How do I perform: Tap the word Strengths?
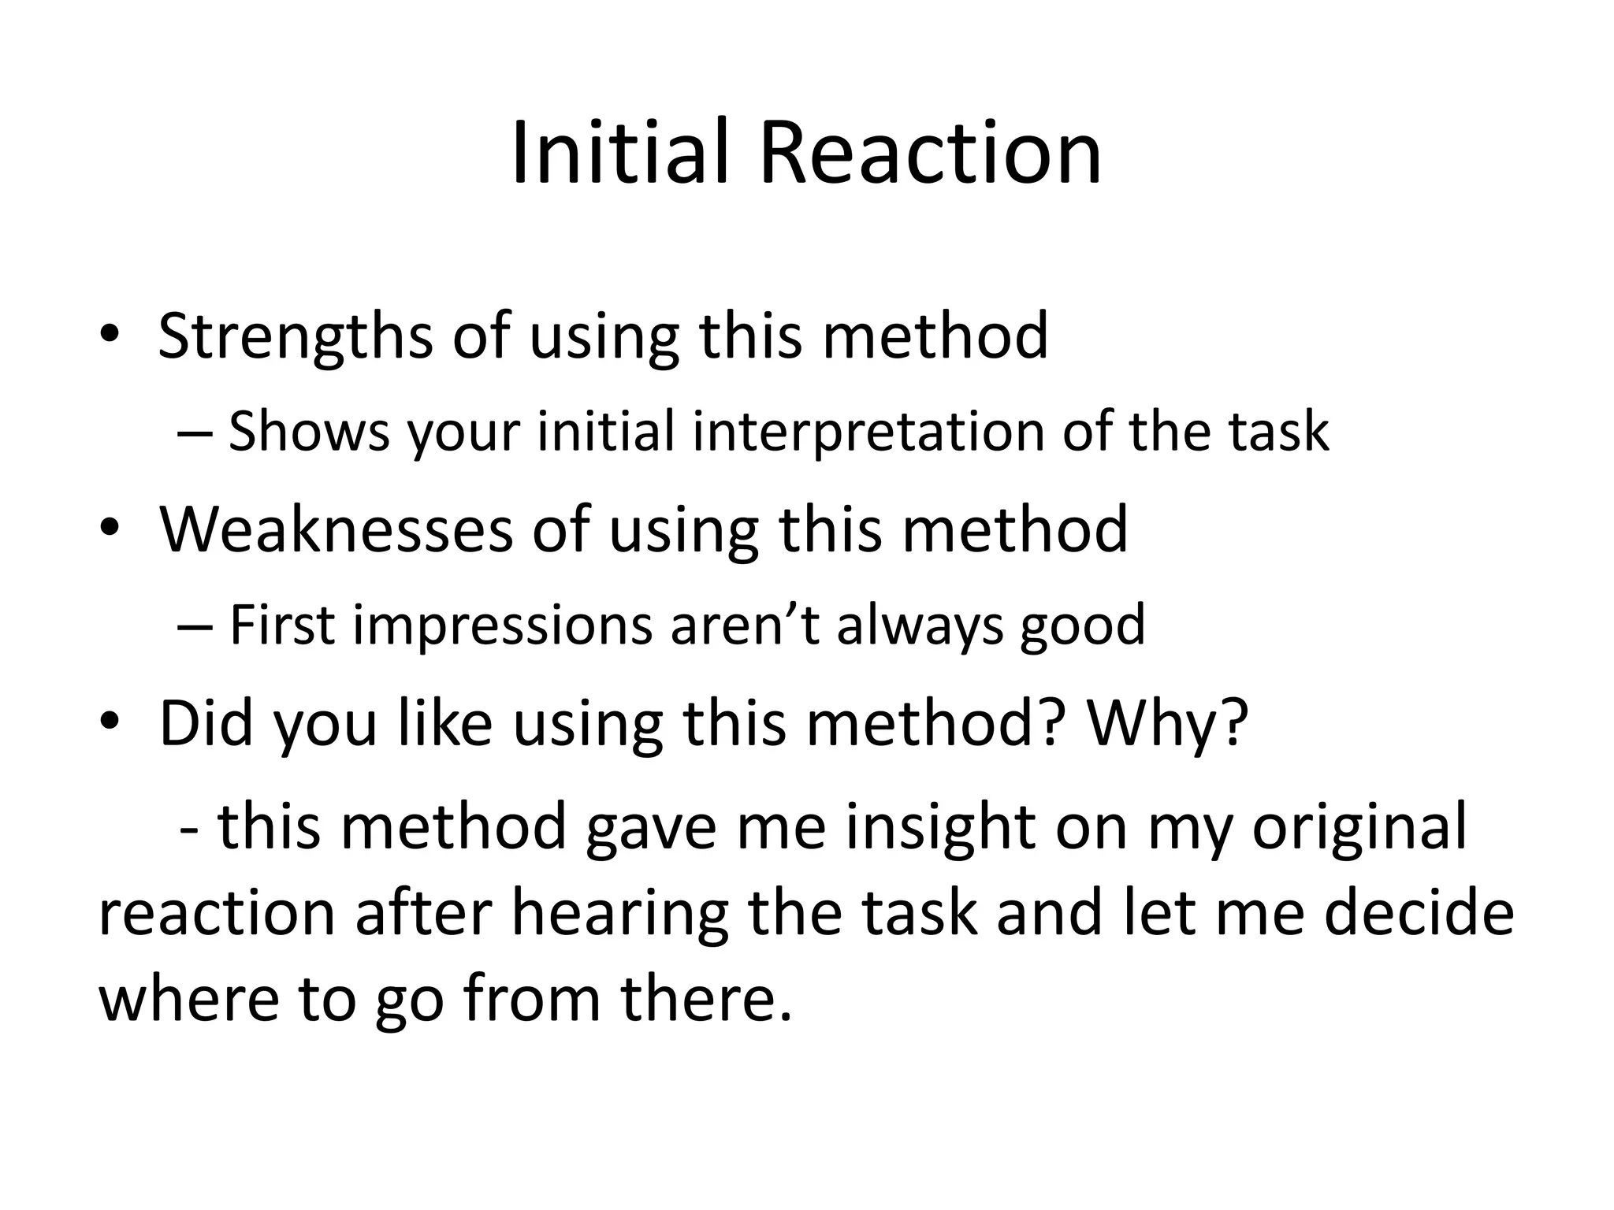pyautogui.click(x=295, y=336)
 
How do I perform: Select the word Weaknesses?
pyautogui.click(x=336, y=529)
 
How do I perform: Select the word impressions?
pyautogui.click(x=502, y=625)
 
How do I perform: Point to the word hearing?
pyautogui.click(x=620, y=914)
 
